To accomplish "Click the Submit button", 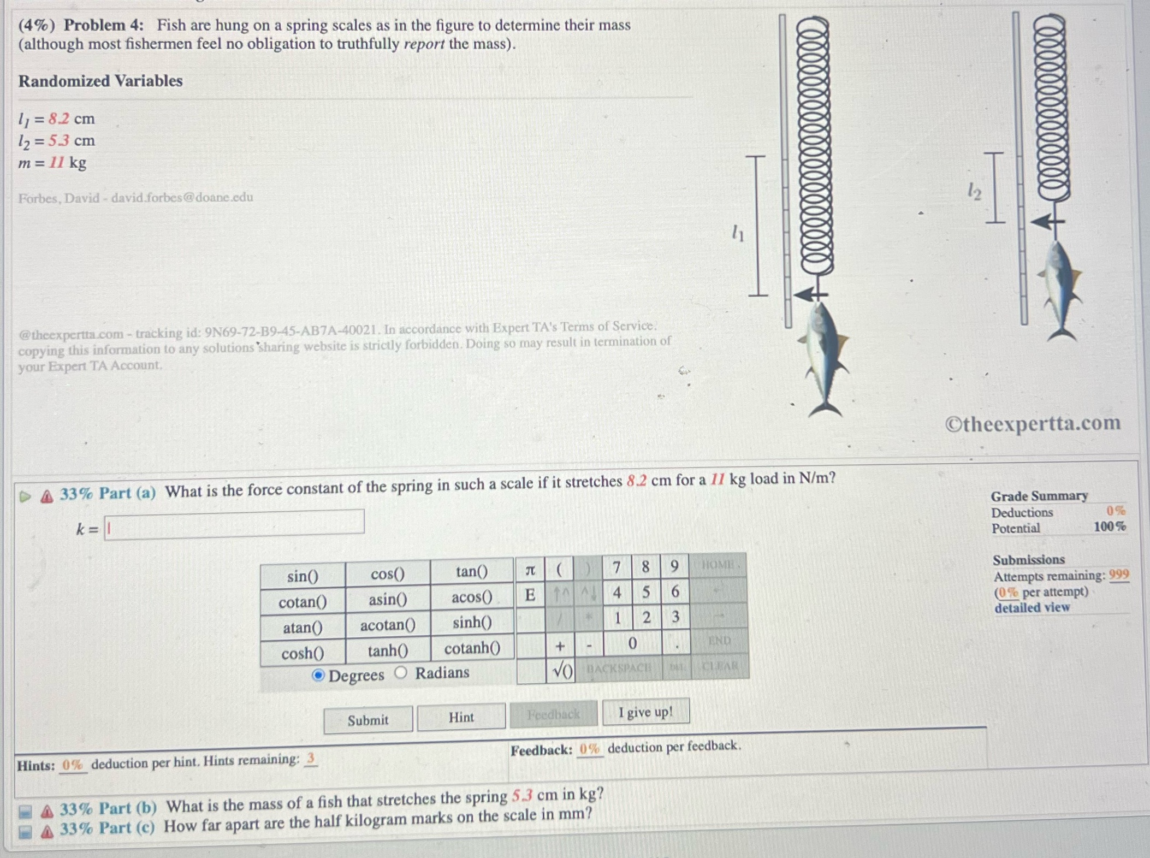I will pyautogui.click(x=368, y=720).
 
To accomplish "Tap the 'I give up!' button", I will pyautogui.click(x=645, y=712).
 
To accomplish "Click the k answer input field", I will pyautogui.click(x=234, y=525).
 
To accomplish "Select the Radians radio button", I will pyautogui.click(x=401, y=672).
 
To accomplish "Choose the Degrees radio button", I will pyautogui.click(x=318, y=676).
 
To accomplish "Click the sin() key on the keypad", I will pyautogui.click(x=303, y=576).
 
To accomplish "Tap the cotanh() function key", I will pyautogui.click(x=472, y=648).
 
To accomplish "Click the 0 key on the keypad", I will pyautogui.click(x=632, y=643).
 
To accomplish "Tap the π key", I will pyautogui.click(x=530, y=570).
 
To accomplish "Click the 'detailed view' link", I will pyautogui.click(x=1032, y=607).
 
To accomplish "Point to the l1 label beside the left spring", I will pyautogui.click(x=738, y=233).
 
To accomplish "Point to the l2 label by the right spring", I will pyautogui.click(x=974, y=191).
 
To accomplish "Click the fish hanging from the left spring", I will pyautogui.click(x=825, y=358).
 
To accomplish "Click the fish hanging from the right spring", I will pyautogui.click(x=1059, y=289).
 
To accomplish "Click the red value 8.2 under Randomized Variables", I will pyautogui.click(x=58, y=119).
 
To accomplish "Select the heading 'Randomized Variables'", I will pyautogui.click(x=100, y=81).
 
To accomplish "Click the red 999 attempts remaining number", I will pyautogui.click(x=1118, y=575).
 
